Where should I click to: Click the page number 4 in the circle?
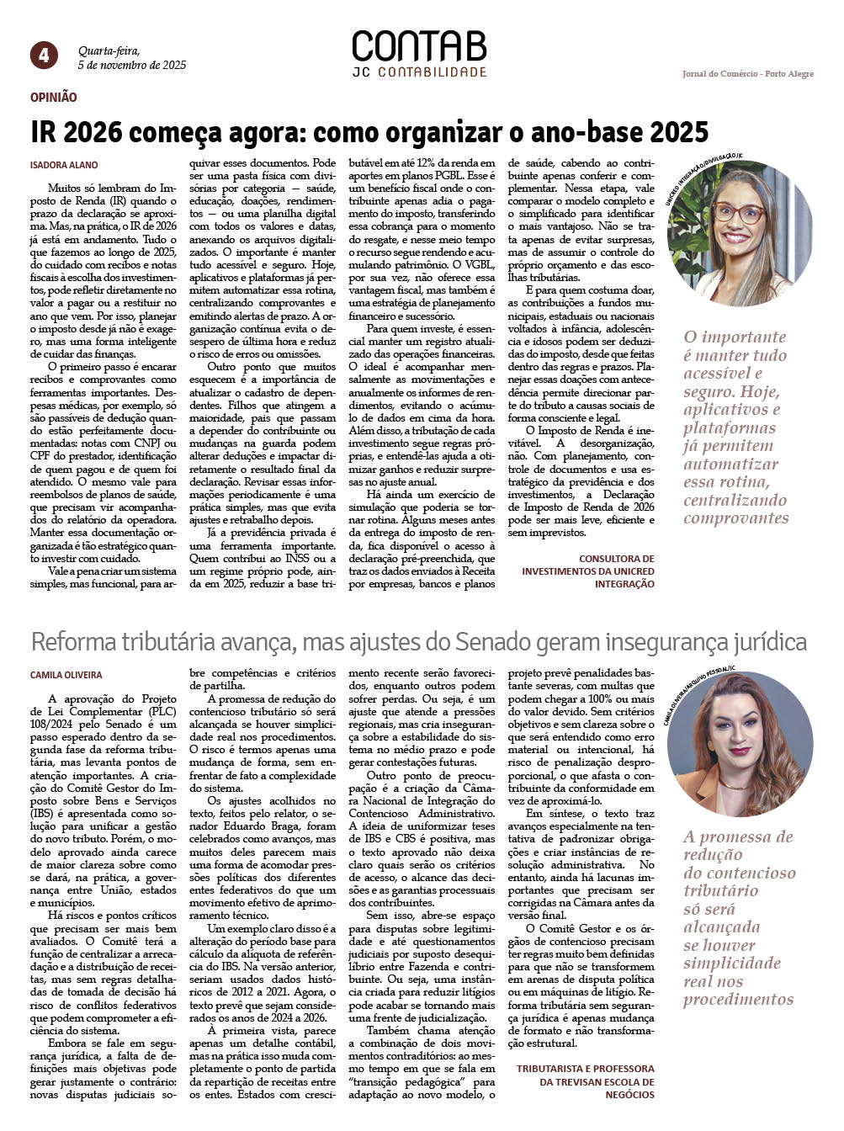(44, 56)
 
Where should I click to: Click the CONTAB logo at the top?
(418, 46)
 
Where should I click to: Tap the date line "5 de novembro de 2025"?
(132, 65)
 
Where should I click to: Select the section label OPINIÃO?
(53, 98)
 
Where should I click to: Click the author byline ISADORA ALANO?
(64, 165)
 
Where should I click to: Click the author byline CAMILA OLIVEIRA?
(66, 675)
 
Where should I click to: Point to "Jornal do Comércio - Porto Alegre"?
(747, 74)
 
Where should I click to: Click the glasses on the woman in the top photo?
(738, 210)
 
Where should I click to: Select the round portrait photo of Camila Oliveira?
(740, 746)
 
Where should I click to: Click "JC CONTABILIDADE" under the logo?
(419, 72)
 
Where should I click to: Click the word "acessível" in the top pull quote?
(722, 373)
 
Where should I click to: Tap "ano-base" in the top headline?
(597, 132)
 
